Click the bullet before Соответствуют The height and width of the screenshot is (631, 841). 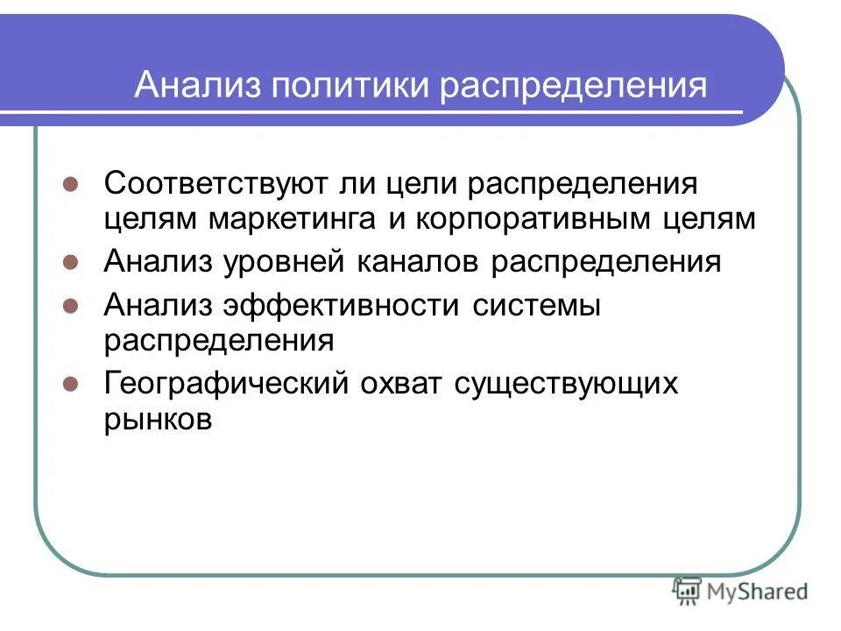(x=73, y=186)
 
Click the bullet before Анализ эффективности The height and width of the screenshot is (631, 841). (x=73, y=307)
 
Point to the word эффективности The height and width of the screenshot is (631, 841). (x=342, y=307)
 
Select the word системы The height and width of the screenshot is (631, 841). (x=536, y=307)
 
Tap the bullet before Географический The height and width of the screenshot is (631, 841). (x=73, y=383)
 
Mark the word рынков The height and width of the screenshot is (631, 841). (x=159, y=417)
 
